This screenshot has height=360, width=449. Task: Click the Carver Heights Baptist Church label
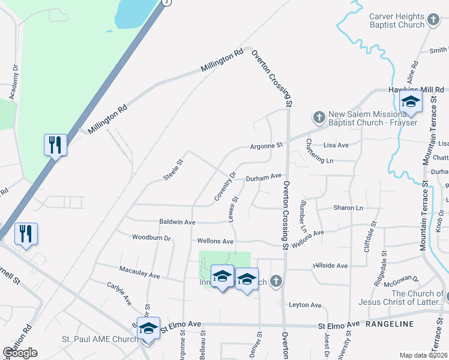tap(397, 20)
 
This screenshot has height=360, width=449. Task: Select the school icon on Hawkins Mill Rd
tap(411, 102)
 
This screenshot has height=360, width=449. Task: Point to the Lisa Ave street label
tap(336, 145)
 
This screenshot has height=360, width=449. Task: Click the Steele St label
tap(173, 169)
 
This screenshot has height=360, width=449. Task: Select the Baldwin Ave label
tap(177, 222)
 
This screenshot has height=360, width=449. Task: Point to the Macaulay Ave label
tap(139, 272)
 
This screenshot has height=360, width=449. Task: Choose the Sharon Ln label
tap(349, 208)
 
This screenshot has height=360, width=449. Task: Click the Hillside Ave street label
tap(330, 265)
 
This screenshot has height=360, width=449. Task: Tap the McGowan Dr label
tap(401, 279)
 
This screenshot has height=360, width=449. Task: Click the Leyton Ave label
tap(306, 305)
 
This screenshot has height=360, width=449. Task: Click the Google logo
tap(20, 353)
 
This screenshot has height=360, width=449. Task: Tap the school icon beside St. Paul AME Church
tap(148, 329)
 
